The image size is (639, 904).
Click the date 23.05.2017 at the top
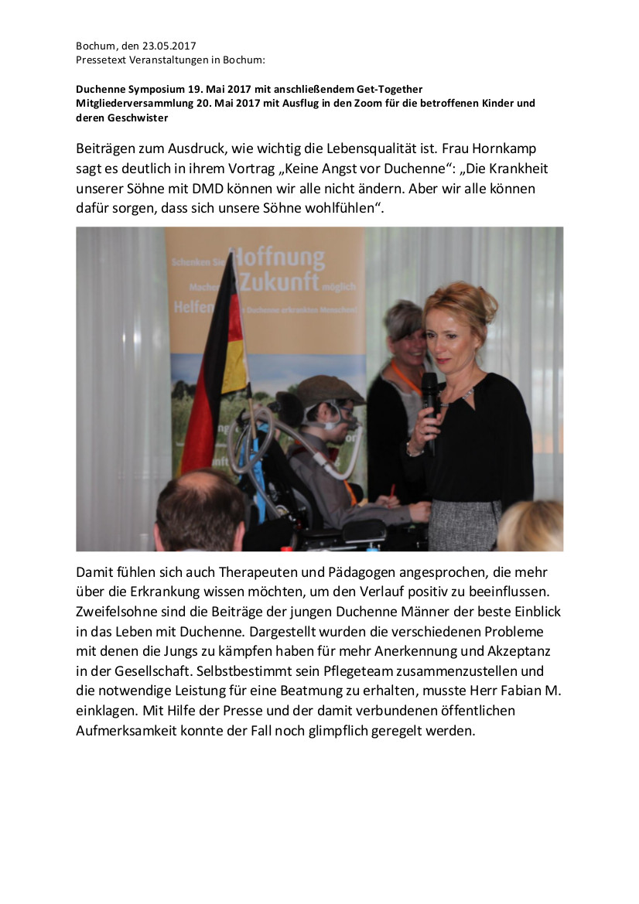[x=169, y=46]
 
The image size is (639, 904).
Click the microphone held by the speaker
[x=429, y=402]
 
